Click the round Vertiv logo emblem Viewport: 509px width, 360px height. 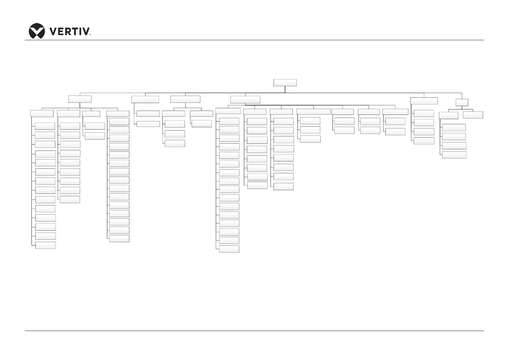coord(37,31)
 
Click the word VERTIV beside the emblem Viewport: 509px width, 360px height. coord(69,31)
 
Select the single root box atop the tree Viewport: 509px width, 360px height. coord(285,83)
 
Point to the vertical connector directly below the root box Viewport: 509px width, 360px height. coord(285,89)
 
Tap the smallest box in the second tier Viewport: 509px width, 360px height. coord(462,102)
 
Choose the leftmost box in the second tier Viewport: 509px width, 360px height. coord(80,99)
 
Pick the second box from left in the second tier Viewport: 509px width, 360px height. coord(145,99)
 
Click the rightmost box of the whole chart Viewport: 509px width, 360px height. coord(473,115)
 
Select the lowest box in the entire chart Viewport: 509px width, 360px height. coord(229,249)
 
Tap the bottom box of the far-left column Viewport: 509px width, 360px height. coord(45,245)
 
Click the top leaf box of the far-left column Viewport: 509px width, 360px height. coord(45,126)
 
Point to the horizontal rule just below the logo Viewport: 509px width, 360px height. coord(254,40)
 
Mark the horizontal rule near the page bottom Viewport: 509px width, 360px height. coord(254,331)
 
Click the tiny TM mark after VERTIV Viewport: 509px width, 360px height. coord(89,35)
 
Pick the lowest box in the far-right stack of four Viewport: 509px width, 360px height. coord(454,155)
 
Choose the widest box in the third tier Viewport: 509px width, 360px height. coord(313,112)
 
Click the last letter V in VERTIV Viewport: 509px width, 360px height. coord(86,31)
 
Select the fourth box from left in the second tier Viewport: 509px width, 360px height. coord(245,99)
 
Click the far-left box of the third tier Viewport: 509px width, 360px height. coord(42,113)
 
